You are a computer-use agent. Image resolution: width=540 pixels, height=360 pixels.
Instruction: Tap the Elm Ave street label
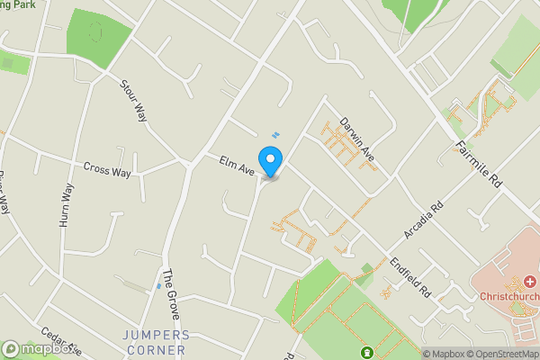click(238, 165)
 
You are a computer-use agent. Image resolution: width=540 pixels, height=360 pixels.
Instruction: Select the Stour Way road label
click(133, 98)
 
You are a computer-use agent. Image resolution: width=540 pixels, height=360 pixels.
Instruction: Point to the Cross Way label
click(107, 168)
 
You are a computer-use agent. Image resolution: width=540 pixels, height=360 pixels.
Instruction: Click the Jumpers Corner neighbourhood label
click(155, 342)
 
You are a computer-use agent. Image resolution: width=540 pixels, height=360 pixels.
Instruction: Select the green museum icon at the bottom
click(367, 352)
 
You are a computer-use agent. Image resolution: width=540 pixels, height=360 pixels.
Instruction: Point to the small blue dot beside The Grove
click(158, 285)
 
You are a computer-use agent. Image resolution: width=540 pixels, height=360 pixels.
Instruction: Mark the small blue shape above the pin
click(276, 136)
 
